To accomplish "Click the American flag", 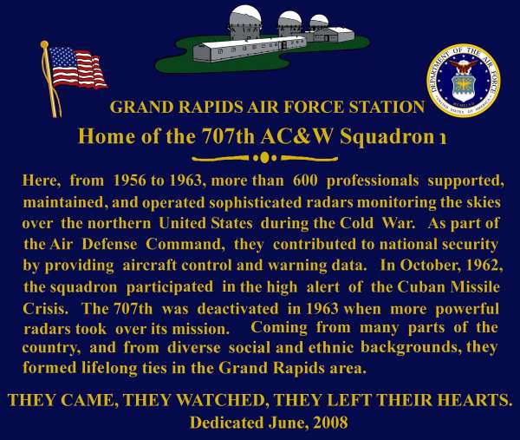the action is pyautogui.click(x=78, y=69).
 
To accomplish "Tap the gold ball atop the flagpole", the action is pyautogui.click(x=44, y=44).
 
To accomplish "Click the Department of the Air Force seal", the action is pyautogui.click(x=464, y=81).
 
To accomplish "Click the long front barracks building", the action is pyautogui.click(x=250, y=49).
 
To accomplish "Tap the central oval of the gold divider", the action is pyautogui.click(x=264, y=158).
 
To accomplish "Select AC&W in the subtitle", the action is pyautogui.click(x=296, y=136).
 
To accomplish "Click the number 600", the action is pyautogui.click(x=305, y=181).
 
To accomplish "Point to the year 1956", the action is pyautogui.click(x=129, y=181).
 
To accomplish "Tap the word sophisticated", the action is pyautogui.click(x=256, y=202).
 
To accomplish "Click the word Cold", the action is pyautogui.click(x=356, y=223).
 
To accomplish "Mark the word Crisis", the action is pyautogui.click(x=45, y=309).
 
